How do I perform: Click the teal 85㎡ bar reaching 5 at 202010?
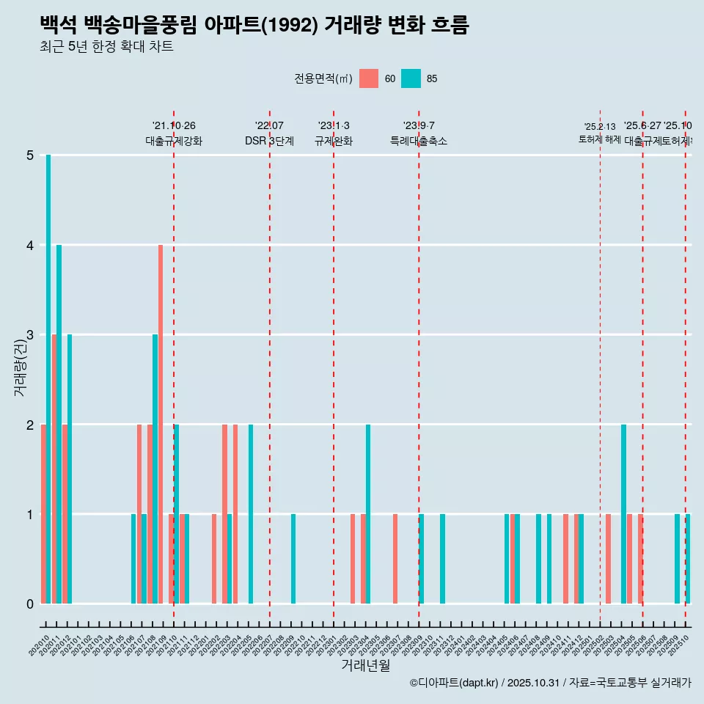48,379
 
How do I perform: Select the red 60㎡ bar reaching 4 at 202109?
161,424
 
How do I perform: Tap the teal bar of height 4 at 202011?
59,424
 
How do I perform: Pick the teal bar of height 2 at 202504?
623,513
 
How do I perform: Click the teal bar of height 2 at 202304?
368,513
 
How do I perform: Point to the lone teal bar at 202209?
293,559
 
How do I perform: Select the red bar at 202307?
395,559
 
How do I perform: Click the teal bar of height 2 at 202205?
251,513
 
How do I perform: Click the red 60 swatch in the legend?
369,78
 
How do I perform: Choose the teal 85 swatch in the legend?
411,78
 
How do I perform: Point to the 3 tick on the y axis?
30,334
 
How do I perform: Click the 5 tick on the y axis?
30,155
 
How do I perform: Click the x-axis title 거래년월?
365,665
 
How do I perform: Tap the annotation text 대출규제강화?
174,141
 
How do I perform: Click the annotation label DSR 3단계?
269,141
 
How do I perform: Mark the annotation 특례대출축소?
419,141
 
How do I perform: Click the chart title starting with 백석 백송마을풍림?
254,25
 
